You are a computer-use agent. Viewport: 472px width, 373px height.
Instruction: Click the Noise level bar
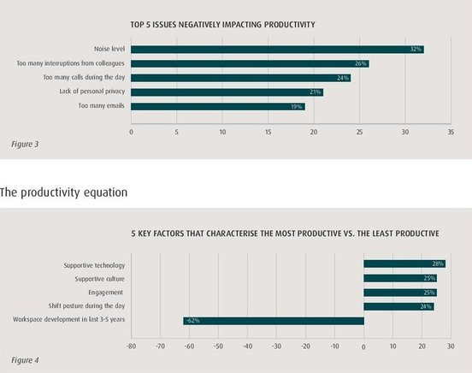(x=277, y=50)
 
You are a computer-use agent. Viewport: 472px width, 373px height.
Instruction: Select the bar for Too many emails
(x=218, y=106)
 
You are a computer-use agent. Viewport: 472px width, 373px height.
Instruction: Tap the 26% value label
(x=360, y=63)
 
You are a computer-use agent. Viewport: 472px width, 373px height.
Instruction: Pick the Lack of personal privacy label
(x=91, y=92)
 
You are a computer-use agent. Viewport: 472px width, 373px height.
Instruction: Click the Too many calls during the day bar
(x=241, y=78)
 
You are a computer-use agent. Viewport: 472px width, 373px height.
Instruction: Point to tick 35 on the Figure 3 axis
(x=451, y=132)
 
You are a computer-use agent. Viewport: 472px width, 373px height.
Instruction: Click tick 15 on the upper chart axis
(x=268, y=132)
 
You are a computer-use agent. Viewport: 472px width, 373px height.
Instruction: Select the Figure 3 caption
(x=25, y=145)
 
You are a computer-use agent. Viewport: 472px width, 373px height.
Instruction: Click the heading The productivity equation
(x=63, y=192)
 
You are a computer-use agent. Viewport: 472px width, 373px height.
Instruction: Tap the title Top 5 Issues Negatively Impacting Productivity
(x=223, y=25)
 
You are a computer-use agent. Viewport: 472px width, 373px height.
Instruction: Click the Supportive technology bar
(x=404, y=264)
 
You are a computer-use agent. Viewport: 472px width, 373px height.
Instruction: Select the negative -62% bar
(x=274, y=321)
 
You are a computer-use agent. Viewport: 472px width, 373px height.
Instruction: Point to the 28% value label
(x=438, y=264)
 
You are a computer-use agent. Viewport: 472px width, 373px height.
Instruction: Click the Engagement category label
(x=106, y=293)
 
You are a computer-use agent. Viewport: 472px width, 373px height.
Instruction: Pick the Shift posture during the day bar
(x=398, y=307)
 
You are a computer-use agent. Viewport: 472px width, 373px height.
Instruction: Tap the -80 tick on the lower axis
(x=131, y=346)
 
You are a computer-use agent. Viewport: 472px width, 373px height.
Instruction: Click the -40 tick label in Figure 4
(x=247, y=346)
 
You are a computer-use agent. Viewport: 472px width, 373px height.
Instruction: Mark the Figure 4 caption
(x=25, y=360)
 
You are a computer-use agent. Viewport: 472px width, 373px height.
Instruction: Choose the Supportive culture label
(x=100, y=279)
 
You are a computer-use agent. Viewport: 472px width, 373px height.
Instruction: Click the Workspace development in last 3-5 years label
(x=68, y=319)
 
